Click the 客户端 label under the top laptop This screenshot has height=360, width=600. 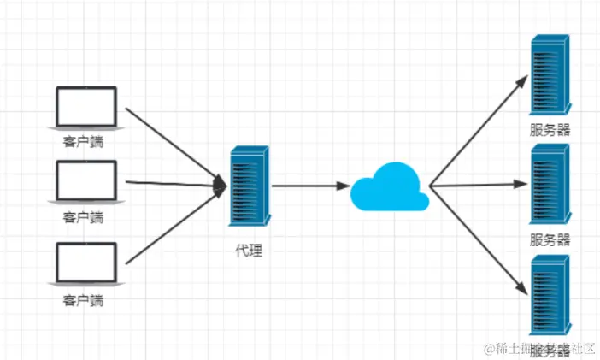[x=83, y=142]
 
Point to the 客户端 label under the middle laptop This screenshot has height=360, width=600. [x=83, y=217]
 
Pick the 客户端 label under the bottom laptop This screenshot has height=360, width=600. [x=83, y=300]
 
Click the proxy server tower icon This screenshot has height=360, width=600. [x=250, y=186]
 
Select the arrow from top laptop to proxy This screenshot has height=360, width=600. [x=175, y=145]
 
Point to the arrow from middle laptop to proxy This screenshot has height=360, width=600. [x=175, y=183]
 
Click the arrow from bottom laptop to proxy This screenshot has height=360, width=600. [x=175, y=223]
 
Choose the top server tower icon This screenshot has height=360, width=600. [x=550, y=75]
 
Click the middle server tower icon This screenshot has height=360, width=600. [x=550, y=183]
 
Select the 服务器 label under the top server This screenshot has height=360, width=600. [x=550, y=131]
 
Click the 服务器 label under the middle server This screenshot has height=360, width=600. [x=550, y=240]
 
